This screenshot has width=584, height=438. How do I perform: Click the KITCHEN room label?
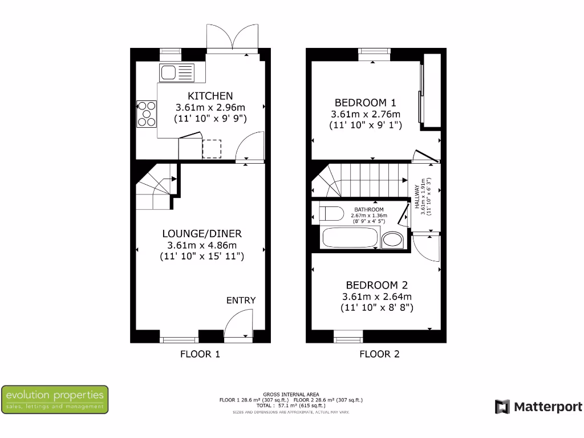(210, 96)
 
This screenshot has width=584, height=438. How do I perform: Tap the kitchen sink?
(176, 72)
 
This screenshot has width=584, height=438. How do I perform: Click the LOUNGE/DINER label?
(202, 234)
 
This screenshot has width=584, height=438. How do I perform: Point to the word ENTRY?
(241, 301)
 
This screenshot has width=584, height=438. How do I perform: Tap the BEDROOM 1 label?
(365, 103)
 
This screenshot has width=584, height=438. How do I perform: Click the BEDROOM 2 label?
(376, 285)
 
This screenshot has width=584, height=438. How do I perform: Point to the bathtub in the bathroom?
(350, 238)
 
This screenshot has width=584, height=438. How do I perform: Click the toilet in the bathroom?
(330, 213)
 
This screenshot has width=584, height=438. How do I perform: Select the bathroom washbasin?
(392, 240)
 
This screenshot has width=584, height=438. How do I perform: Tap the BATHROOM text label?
(369, 210)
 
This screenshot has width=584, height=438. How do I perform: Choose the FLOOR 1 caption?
(200, 354)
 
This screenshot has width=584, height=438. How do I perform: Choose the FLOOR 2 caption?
(379, 354)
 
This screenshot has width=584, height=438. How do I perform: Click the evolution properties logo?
(55, 399)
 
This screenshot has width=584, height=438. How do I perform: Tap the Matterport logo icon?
(502, 407)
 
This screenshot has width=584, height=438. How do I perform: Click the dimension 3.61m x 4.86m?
(202, 245)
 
